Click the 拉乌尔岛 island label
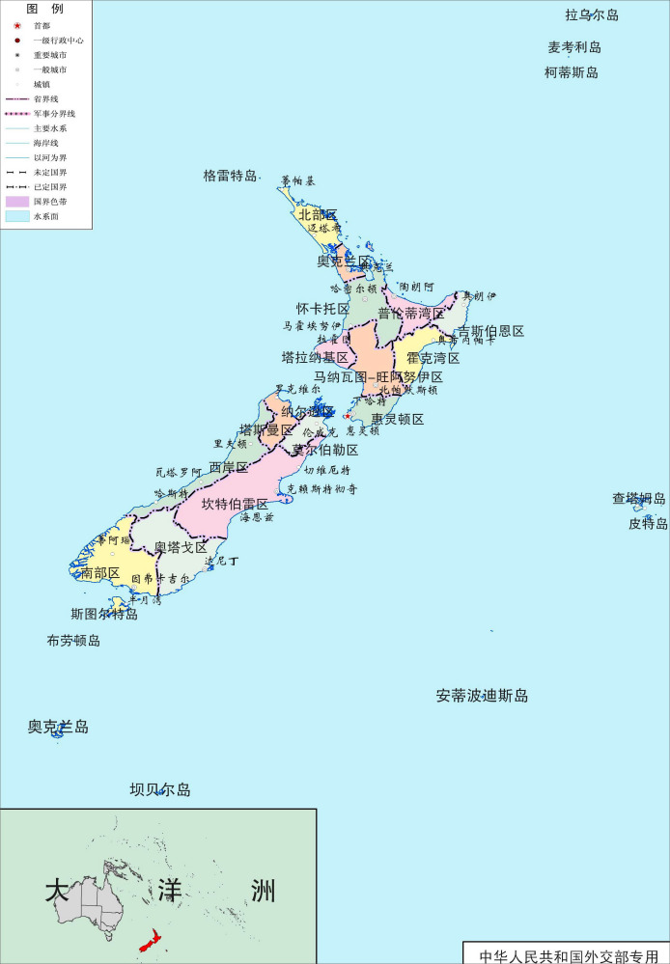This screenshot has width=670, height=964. pos(591,14)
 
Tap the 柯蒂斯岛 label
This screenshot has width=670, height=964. pos(571,72)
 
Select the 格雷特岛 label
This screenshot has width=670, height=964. pos(230,176)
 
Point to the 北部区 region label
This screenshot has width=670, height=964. pos(318,214)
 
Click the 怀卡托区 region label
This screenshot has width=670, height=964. pos(322,309)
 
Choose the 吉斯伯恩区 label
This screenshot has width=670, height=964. pos(490,331)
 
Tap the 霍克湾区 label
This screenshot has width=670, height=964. pos(433,358)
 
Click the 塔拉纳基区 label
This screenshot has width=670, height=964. pos(315,357)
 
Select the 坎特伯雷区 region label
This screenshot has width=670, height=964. pos(235,504)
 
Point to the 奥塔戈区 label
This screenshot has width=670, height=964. pos(181,547)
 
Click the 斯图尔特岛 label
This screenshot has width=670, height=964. pos(104,614)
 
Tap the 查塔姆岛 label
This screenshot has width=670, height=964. pos(638,499)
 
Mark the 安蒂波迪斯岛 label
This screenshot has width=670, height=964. pos(482,696)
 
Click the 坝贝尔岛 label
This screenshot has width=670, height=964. pos(160,789)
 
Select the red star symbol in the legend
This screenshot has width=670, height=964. pos(17,25)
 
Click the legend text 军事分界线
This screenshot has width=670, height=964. pos(53,113)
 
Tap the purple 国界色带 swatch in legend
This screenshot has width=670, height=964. pos(17,202)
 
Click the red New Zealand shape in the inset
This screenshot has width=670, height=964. pos(151,941)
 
